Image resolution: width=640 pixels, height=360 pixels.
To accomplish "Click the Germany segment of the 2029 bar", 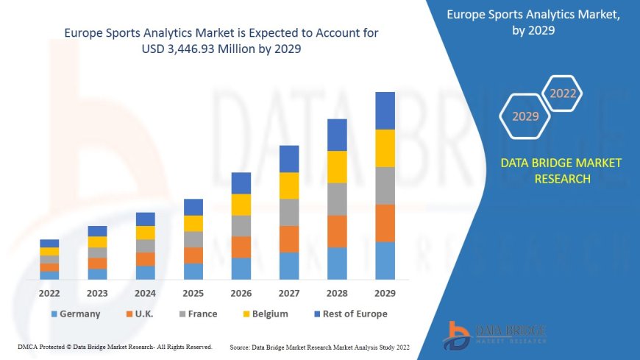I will coord(385,261).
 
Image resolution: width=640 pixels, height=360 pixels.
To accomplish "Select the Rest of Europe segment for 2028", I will coord(337,135).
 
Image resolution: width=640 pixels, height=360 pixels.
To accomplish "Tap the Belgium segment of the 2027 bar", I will coord(289,186).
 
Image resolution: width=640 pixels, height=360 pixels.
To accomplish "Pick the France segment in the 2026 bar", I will coord(241,225).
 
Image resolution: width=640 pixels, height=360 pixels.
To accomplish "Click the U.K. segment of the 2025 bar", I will coord(193,255).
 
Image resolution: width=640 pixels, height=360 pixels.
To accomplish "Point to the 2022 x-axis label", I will coord(49,293).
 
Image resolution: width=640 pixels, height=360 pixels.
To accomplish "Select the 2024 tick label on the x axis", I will coord(145,293).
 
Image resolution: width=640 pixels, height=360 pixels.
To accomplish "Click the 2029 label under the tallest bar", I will coord(385,293).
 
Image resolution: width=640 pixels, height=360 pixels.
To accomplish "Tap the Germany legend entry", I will coord(76,314).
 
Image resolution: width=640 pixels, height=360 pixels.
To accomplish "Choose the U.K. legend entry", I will coord(139,314).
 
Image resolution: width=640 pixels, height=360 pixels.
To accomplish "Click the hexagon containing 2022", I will coord(563,93).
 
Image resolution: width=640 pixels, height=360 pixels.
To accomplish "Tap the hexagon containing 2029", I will coord(525,116).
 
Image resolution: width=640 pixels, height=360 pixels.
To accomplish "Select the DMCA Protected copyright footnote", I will coord(115,347).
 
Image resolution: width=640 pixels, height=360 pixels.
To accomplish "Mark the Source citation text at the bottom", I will coord(319,347).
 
